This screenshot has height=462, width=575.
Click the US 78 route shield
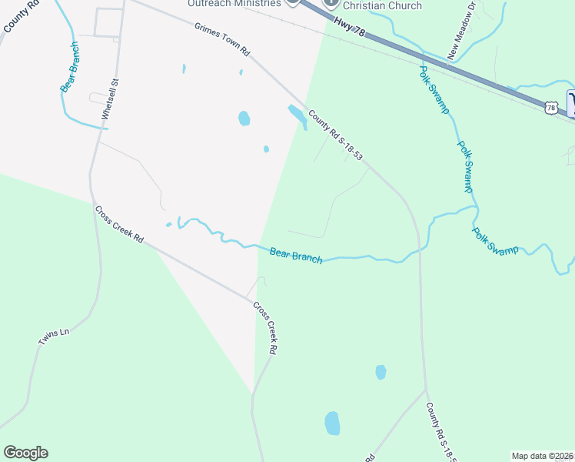coord(550,108)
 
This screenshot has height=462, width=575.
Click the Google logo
coord(25,453)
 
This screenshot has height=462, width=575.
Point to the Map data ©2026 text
coord(543,456)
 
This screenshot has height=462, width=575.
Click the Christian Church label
coord(383,6)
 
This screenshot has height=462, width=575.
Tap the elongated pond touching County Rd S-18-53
coord(296,115)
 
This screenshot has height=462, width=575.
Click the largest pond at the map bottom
coord(332,423)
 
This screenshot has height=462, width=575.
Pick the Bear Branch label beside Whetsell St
coord(70,67)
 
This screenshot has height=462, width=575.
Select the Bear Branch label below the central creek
coord(296,254)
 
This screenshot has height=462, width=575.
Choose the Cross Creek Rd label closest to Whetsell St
coord(119,224)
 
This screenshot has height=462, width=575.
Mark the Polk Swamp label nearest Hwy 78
coord(434,89)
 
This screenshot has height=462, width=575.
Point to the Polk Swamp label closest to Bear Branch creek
coord(496,241)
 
